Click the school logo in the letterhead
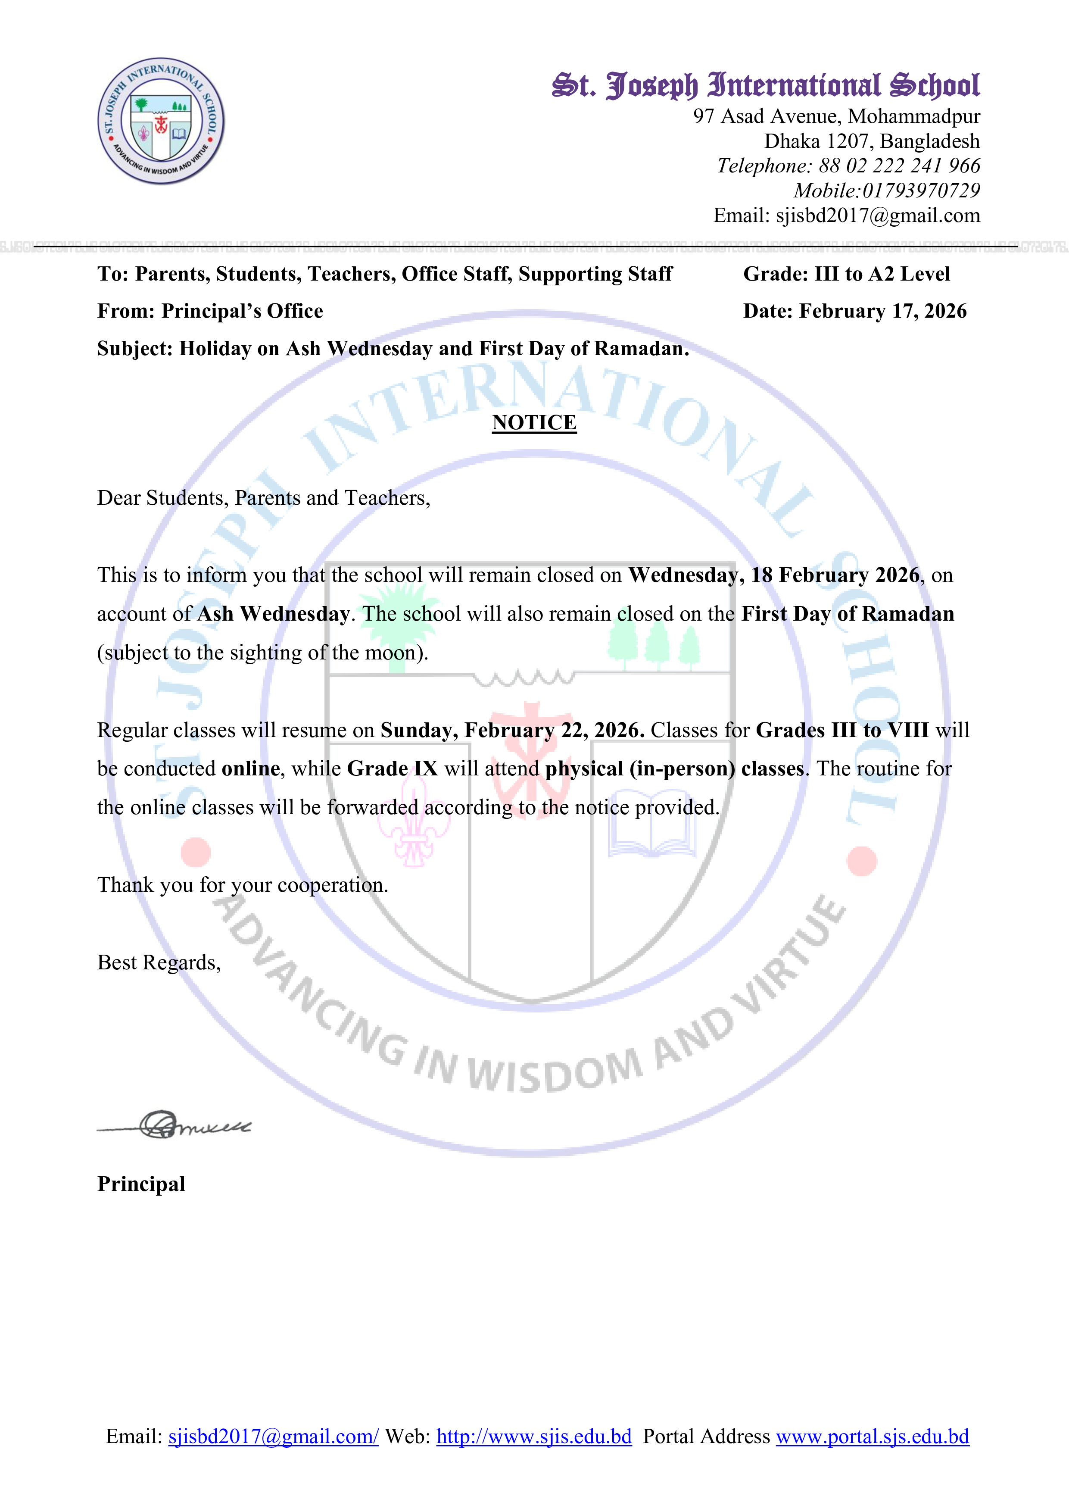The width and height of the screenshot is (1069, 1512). pyautogui.click(x=161, y=121)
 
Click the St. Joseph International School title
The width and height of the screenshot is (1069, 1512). pyautogui.click(x=766, y=86)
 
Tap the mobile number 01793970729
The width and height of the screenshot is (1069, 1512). pyautogui.click(x=921, y=191)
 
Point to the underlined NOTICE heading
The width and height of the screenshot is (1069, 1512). pyautogui.click(x=534, y=423)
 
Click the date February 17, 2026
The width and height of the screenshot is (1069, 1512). pyautogui.click(x=882, y=312)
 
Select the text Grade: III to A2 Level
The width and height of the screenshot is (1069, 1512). pyautogui.click(x=847, y=274)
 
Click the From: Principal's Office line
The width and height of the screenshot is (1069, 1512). pyautogui.click(x=210, y=312)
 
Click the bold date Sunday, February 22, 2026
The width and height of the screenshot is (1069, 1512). pyautogui.click(x=512, y=730)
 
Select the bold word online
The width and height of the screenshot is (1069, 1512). pyautogui.click(x=251, y=769)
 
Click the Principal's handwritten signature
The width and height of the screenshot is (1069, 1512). pyautogui.click(x=175, y=1125)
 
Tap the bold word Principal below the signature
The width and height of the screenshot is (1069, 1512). pyautogui.click(x=141, y=1184)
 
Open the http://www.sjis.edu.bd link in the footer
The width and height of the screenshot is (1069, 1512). pyautogui.click(x=534, y=1436)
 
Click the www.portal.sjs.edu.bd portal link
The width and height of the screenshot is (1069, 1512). pyautogui.click(x=872, y=1436)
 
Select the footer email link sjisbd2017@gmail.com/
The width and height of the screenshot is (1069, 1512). pyautogui.click(x=273, y=1436)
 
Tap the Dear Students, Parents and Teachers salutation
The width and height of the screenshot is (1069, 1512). pyautogui.click(x=263, y=499)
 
